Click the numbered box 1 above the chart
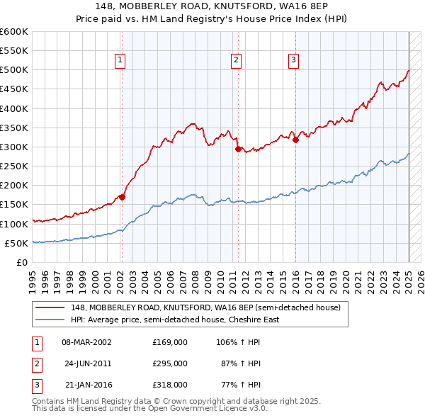(x=121, y=61)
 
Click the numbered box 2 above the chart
(x=235, y=61)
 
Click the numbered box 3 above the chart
(x=293, y=61)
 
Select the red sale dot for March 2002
(x=122, y=198)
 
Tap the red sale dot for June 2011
(x=238, y=149)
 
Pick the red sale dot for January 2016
(x=295, y=140)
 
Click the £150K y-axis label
(x=13, y=205)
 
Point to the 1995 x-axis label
(x=32, y=278)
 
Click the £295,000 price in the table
(x=170, y=363)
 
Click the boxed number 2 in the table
(x=35, y=363)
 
